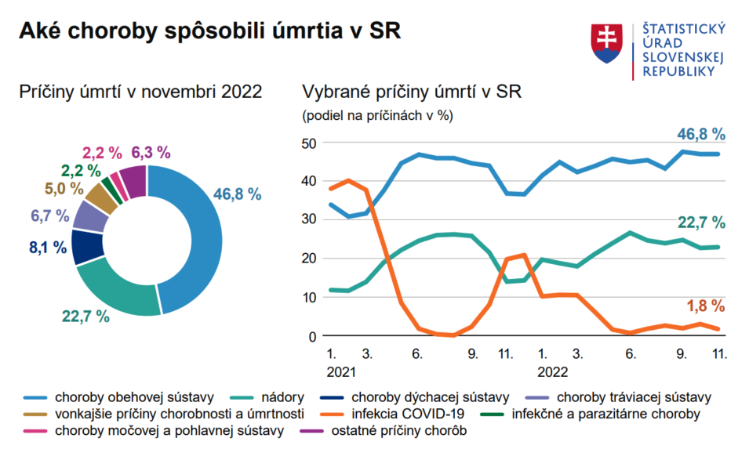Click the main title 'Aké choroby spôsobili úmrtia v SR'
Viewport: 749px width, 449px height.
(209, 31)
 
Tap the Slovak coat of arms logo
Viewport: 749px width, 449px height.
(606, 44)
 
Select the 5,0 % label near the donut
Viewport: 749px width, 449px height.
(62, 188)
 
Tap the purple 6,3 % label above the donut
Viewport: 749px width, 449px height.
(151, 152)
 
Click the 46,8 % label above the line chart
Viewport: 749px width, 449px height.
(701, 134)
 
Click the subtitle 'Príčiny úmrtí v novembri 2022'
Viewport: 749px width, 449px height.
(140, 92)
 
